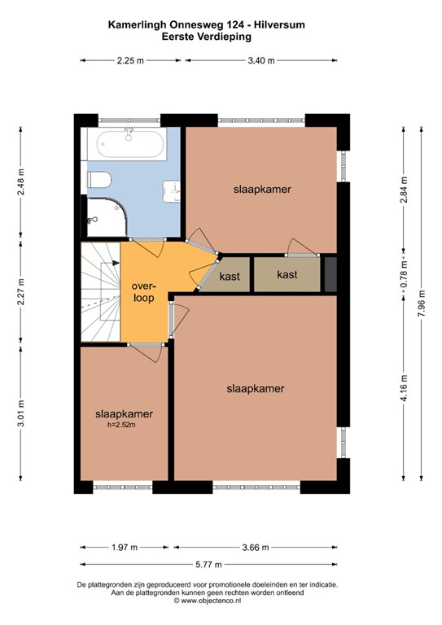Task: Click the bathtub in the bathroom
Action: click(130, 146)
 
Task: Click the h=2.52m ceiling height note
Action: click(123, 425)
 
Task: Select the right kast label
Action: click(287, 275)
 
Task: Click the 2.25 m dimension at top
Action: click(130, 60)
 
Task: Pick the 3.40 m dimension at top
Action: click(260, 60)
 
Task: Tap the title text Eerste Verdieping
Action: click(221, 37)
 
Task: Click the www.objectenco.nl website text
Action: click(221, 601)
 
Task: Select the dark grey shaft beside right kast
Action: click(330, 273)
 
